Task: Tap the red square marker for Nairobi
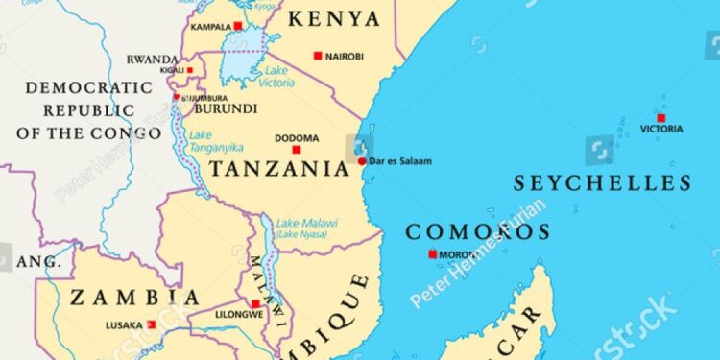[318, 56]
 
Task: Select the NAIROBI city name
[345, 57]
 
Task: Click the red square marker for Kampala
[238, 26]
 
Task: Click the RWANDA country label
[153, 59]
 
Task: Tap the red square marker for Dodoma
[297, 150]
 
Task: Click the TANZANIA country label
[279, 170]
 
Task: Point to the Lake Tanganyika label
[216, 141]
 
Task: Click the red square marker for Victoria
[661, 117]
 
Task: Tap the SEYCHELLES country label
[602, 182]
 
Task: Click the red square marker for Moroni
[433, 254]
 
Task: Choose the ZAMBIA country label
[123, 298]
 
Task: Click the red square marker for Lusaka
[151, 325]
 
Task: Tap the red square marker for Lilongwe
[255, 303]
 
